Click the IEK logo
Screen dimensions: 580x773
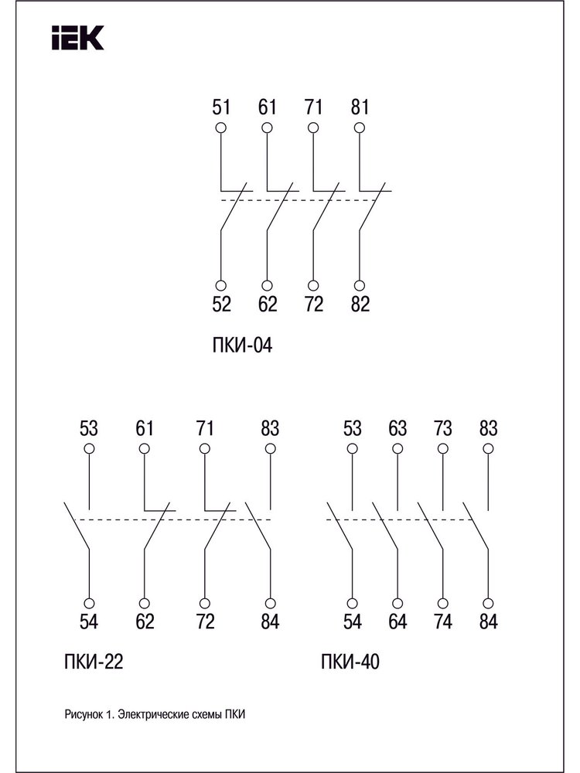(x=78, y=38)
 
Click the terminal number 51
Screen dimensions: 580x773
(x=221, y=107)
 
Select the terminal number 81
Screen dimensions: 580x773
(x=360, y=107)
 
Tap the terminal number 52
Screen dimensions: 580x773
(x=221, y=304)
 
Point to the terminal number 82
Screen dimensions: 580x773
(x=360, y=304)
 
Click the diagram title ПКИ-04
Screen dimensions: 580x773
(x=242, y=346)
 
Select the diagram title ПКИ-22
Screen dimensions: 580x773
(x=94, y=662)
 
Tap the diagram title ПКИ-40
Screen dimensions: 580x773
(x=350, y=662)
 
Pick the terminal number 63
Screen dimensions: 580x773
(x=397, y=428)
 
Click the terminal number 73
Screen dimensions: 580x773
(x=443, y=428)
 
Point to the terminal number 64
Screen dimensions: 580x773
(x=397, y=621)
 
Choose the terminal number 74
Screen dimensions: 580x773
(x=443, y=621)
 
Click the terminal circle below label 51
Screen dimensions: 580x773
(x=221, y=128)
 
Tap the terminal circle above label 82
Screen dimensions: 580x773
(x=360, y=285)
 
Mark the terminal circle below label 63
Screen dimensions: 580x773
(x=397, y=448)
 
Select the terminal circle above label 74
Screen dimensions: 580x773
(x=443, y=604)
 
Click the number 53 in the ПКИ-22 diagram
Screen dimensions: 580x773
(x=89, y=428)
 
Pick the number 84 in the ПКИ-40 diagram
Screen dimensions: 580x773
(x=488, y=621)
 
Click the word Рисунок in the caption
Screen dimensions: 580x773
(x=84, y=714)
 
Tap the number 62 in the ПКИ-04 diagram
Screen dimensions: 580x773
(x=268, y=304)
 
